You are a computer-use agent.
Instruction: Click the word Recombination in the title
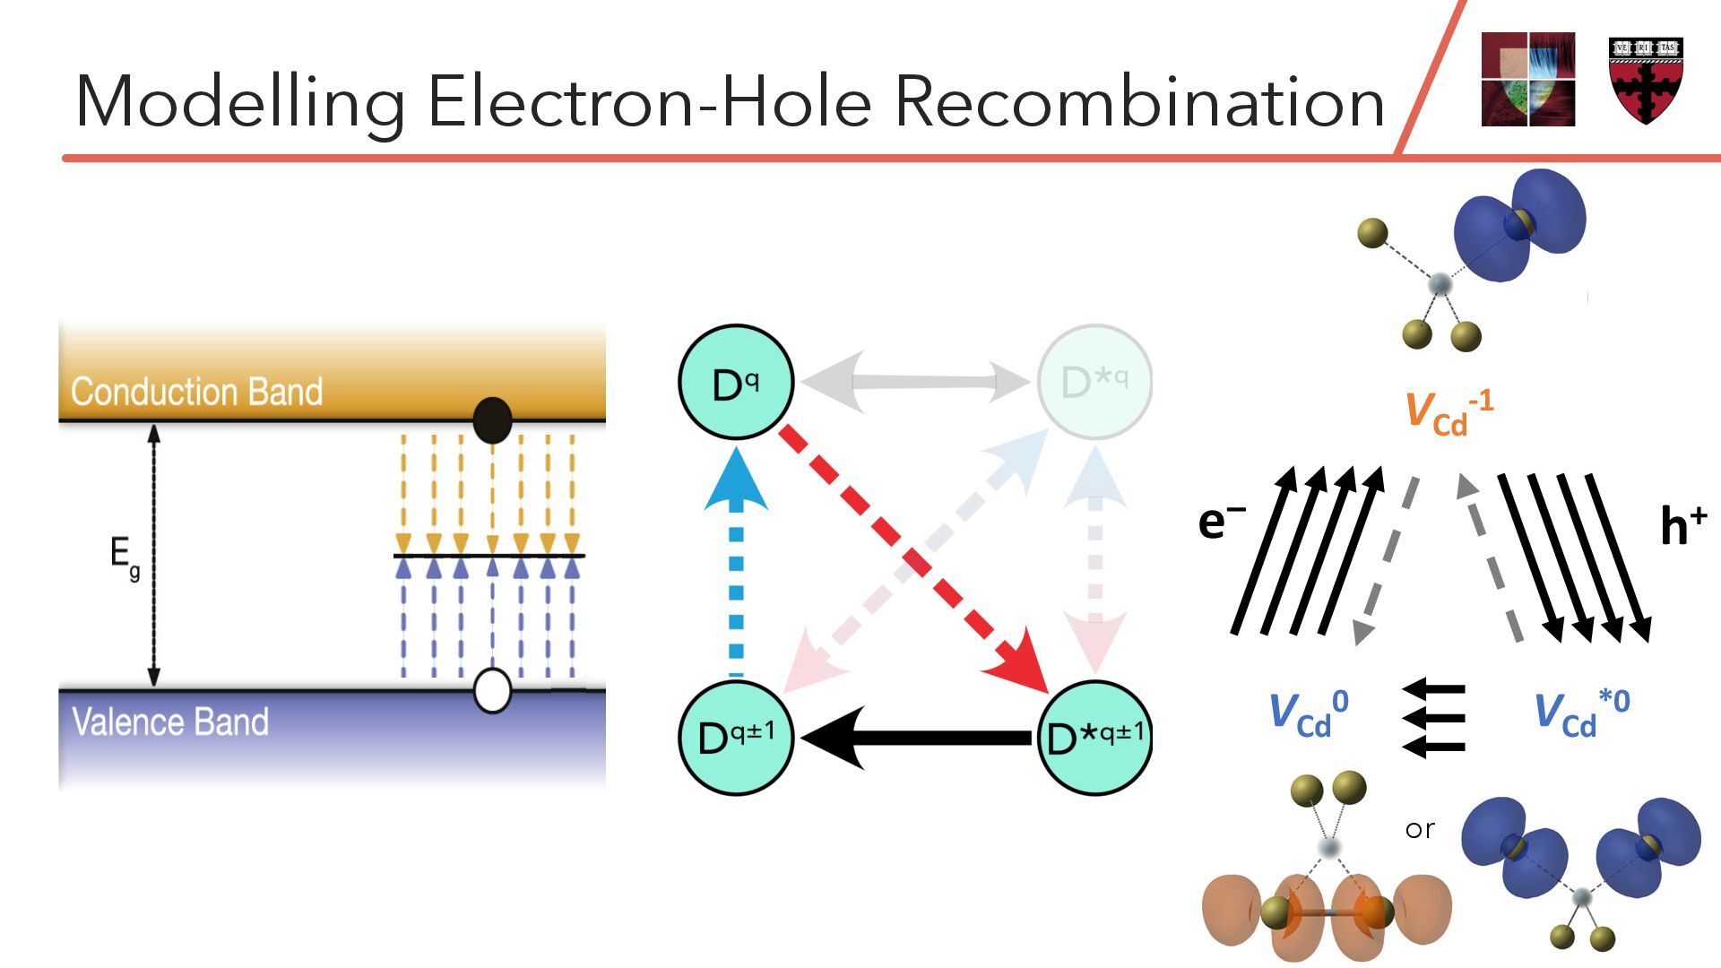pyautogui.click(x=1140, y=101)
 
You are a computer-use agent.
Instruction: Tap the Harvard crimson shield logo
pyautogui.click(x=1646, y=81)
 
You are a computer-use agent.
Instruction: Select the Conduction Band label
pyautogui.click(x=196, y=392)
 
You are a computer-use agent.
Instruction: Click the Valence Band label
pyautogui.click(x=170, y=722)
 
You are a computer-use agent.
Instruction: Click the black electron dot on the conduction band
pyautogui.click(x=492, y=419)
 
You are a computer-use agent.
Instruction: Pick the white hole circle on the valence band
pyautogui.click(x=492, y=690)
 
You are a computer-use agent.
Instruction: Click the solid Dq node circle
pyautogui.click(x=736, y=382)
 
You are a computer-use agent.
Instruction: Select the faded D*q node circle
pyautogui.click(x=1094, y=382)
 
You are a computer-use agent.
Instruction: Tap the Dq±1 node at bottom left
pyautogui.click(x=736, y=738)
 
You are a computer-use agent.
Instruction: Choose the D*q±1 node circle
pyautogui.click(x=1094, y=738)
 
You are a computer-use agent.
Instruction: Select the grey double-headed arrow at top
pyautogui.click(x=915, y=382)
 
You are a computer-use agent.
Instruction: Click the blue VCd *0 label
pyautogui.click(x=1581, y=713)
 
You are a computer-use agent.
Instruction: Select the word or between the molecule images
pyautogui.click(x=1420, y=829)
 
